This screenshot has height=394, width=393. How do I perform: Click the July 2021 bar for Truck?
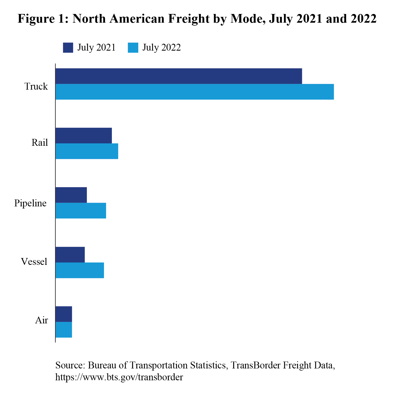point(179,76)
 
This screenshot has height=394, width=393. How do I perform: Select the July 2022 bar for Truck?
point(195,92)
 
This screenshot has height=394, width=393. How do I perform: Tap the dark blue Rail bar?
point(84,135)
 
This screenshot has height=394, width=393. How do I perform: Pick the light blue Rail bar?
point(87,151)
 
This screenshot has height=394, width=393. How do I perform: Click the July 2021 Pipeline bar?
point(71,195)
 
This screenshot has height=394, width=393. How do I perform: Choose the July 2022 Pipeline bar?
point(81,211)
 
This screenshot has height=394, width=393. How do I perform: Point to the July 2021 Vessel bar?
point(70,255)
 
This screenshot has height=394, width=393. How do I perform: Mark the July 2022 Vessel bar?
point(80,270)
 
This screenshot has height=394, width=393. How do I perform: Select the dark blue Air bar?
point(64,314)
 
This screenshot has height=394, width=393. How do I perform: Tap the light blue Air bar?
point(64,330)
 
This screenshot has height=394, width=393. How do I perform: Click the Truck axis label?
point(36,86)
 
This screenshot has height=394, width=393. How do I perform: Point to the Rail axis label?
point(40,143)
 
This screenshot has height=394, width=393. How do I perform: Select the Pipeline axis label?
point(30,203)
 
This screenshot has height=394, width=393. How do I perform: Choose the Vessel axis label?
point(34,262)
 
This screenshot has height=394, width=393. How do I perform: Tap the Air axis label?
point(42,320)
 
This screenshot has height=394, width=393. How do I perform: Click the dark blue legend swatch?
point(68,48)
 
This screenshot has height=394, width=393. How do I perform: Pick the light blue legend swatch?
point(133,48)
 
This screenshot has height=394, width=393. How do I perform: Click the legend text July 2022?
point(161,48)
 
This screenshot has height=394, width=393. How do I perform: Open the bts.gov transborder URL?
point(119,377)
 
